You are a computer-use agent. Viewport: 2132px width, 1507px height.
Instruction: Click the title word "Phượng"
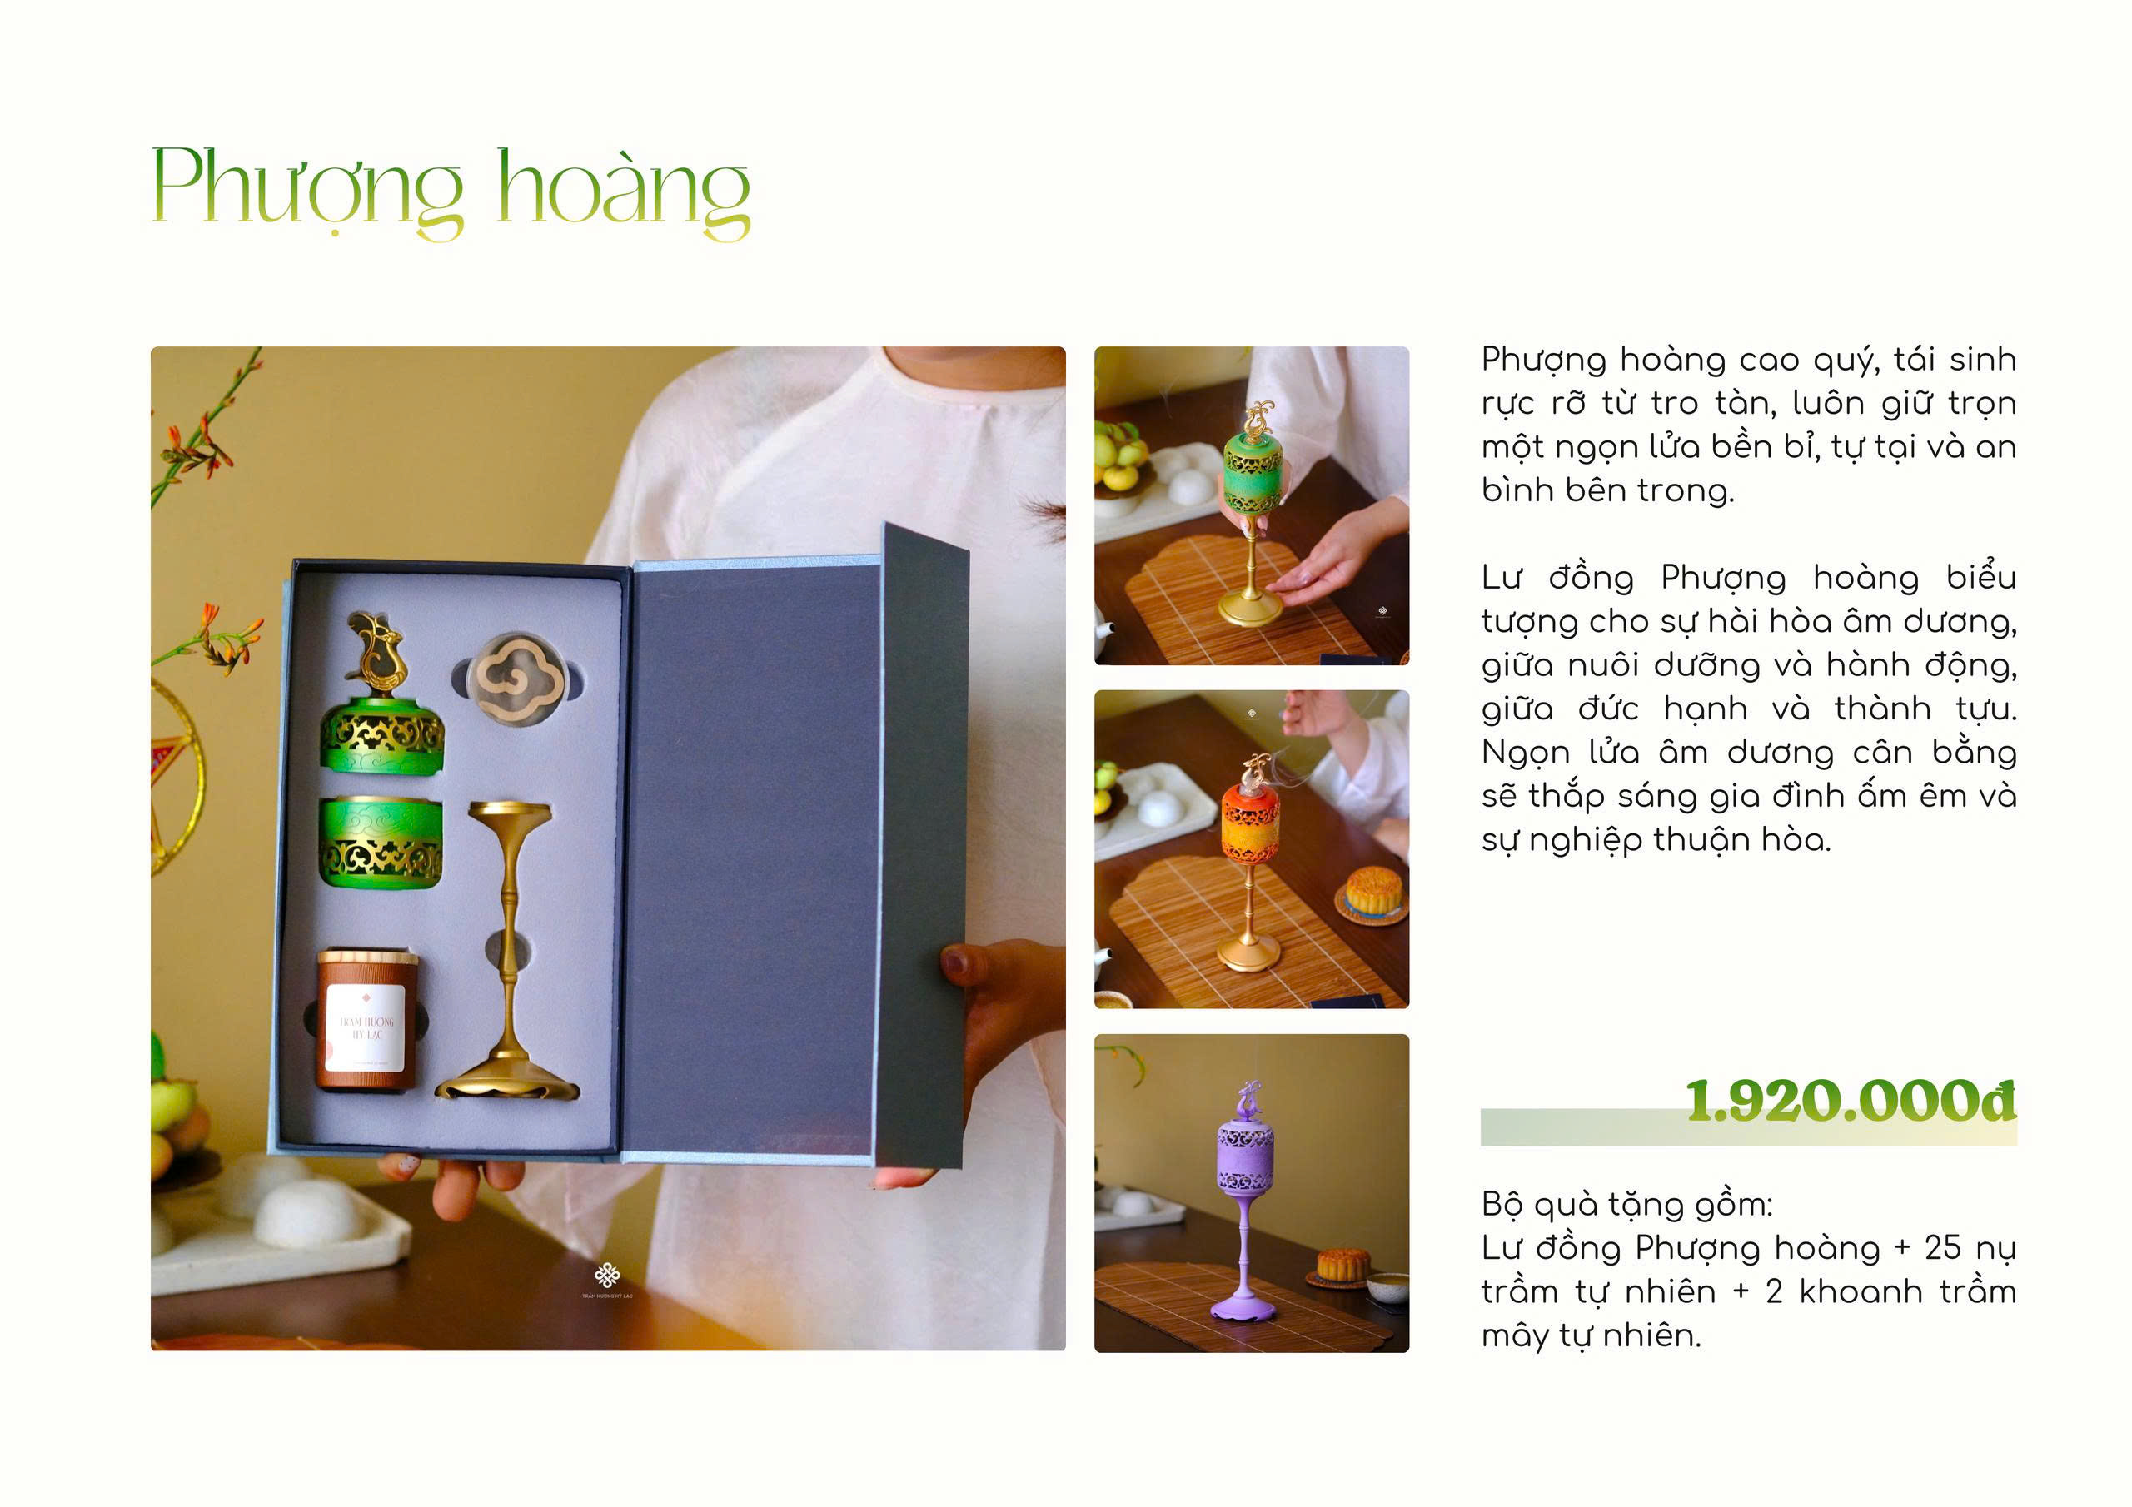pos(306,191)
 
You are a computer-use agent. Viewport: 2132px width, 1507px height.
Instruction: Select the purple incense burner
pos(1249,1199)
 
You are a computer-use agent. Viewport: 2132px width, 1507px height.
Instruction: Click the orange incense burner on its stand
pos(1250,863)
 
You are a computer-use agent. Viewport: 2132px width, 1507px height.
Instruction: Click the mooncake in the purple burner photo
pos(1342,1264)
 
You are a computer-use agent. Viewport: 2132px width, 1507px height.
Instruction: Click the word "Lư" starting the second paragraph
pos(1502,579)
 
